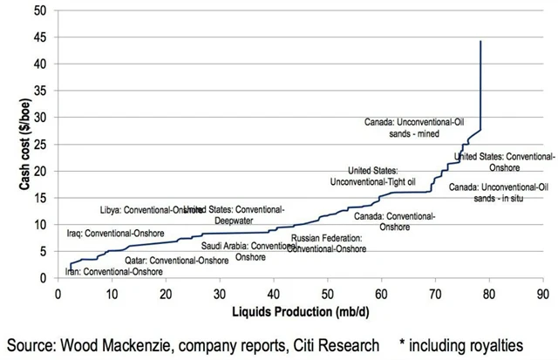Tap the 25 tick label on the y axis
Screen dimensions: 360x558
(42, 144)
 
